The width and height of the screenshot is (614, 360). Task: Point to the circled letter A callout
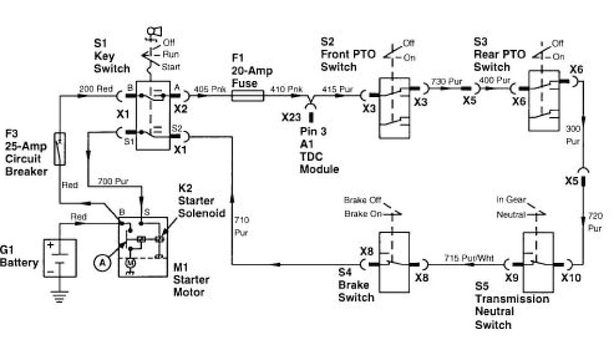point(103,262)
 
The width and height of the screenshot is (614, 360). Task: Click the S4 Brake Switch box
point(393,261)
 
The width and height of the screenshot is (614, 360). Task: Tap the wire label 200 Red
point(95,89)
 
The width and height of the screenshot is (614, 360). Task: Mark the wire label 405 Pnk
point(209,89)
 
